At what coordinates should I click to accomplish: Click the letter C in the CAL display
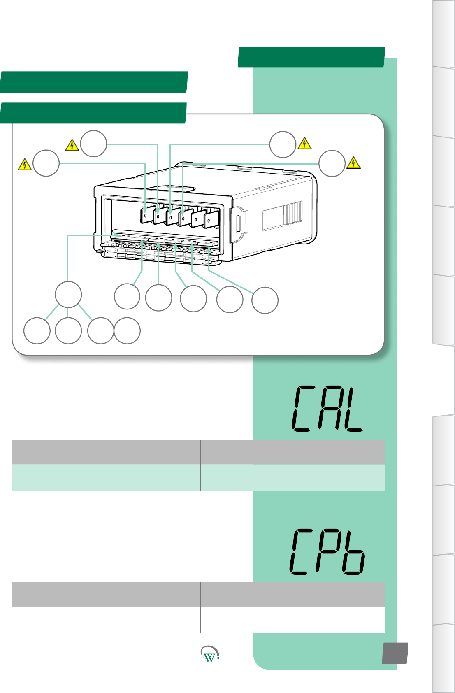302,409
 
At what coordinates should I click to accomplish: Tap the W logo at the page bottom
210,654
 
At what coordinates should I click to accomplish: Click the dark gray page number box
395,653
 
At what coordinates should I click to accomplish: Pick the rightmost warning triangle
353,163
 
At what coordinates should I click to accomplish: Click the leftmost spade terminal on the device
147,215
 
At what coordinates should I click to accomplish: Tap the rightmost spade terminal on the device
211,219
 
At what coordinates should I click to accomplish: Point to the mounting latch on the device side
239,222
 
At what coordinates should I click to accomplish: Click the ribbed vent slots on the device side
295,212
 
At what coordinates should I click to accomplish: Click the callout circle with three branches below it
68,295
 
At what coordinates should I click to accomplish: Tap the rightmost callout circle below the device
265,300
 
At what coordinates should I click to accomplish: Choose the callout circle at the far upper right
332,164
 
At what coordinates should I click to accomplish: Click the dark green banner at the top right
311,57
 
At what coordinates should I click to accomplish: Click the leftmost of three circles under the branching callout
37,330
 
